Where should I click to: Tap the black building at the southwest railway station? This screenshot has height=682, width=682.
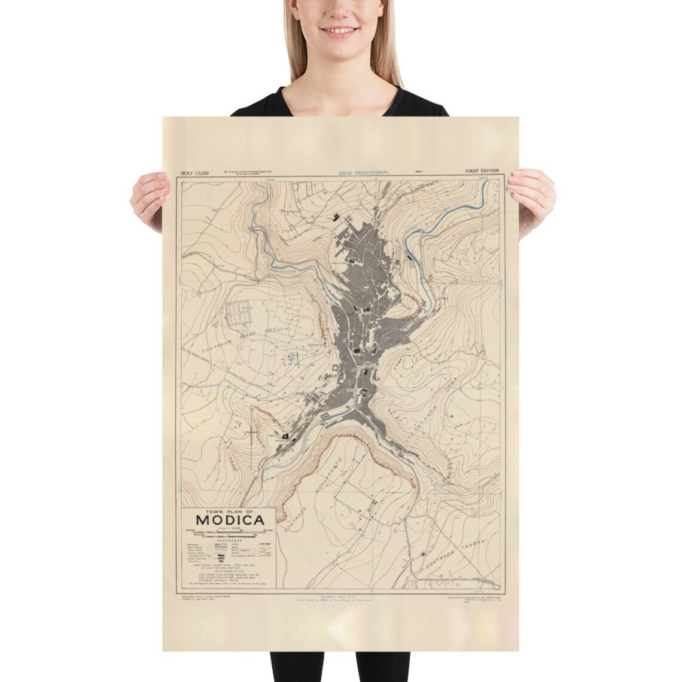pos(285,438)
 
